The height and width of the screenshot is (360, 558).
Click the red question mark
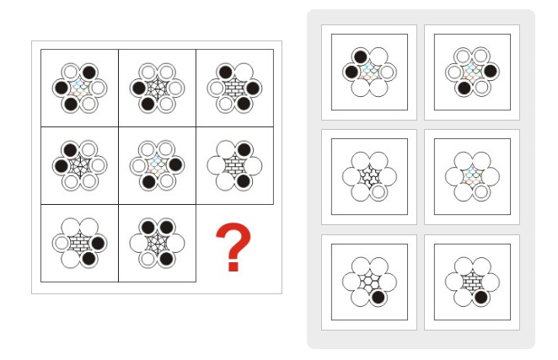coord(233,246)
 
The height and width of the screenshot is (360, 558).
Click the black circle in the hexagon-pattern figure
coord(378,297)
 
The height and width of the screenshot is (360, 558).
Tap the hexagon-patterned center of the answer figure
coord(369,282)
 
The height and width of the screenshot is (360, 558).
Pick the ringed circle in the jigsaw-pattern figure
coord(378,192)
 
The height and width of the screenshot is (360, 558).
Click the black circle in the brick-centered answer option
coord(480,297)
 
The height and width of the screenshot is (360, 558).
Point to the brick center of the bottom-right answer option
coord(472,282)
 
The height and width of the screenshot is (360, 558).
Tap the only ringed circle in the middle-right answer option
coord(480,192)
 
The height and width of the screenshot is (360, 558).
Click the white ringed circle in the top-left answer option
coord(387,73)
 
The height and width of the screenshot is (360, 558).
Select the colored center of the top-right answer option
coord(472,71)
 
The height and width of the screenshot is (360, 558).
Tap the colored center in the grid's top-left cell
coord(80,88)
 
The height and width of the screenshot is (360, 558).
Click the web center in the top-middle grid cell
coord(157,88)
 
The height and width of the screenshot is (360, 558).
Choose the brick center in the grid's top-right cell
coord(234,88)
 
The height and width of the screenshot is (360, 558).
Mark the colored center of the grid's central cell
coord(157,165)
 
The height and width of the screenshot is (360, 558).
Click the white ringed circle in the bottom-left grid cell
coord(62,243)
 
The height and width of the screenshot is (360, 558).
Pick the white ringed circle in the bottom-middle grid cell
coord(148,259)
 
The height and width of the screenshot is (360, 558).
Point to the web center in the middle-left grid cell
coord(80,165)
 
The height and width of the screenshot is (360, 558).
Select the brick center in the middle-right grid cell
coord(234,165)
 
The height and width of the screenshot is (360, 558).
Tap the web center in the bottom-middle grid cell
coord(157,243)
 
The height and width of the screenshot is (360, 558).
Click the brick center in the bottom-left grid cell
coord(80,243)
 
